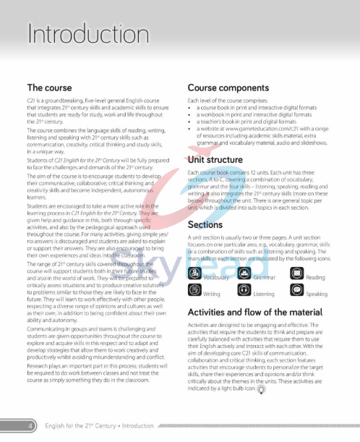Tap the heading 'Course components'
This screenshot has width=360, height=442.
tap(228, 87)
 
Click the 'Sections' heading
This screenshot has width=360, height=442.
tap(205, 225)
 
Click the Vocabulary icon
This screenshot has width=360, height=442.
tap(194, 273)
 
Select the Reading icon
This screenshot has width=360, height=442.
tap(297, 273)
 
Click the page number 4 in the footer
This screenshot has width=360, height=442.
tap(30, 428)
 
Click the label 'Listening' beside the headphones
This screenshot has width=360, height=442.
tap(264, 294)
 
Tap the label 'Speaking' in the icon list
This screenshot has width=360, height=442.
tap(317, 294)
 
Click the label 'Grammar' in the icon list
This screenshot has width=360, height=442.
tap(265, 277)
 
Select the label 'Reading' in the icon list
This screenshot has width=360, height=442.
tap(316, 277)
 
